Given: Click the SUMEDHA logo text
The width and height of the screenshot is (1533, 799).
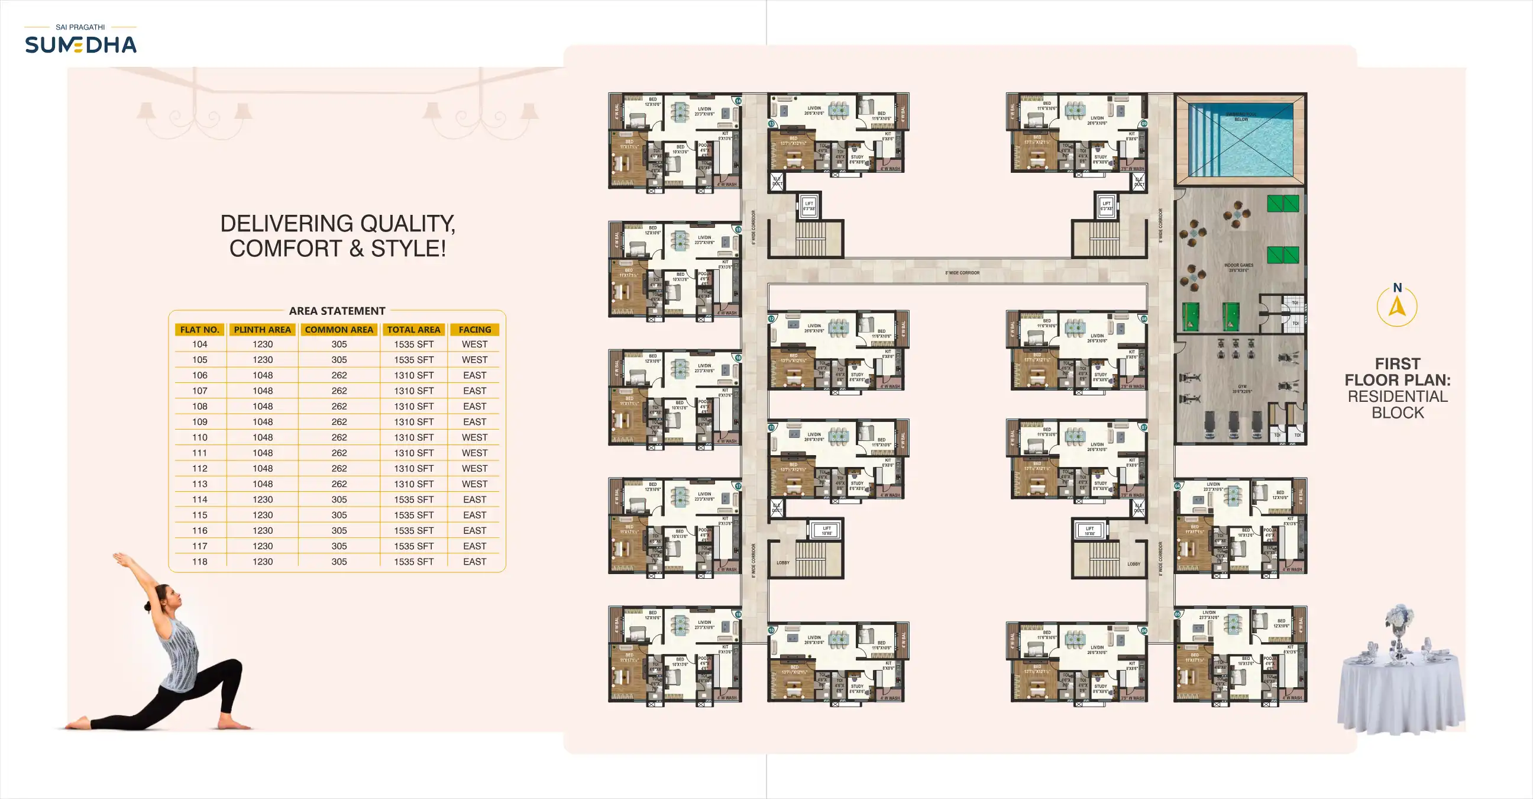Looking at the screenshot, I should coord(80,45).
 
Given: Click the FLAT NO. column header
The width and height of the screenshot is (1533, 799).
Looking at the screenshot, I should coord(199,330).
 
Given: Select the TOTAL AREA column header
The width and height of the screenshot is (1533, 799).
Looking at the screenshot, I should coord(413,330).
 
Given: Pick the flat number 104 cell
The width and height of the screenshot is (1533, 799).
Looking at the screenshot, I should coord(199,344).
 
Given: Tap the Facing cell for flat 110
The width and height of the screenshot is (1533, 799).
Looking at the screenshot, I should coord(474,437).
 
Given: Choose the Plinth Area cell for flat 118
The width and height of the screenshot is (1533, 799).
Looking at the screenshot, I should coord(263,562).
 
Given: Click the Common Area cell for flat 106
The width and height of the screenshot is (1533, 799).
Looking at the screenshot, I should coord(339,376).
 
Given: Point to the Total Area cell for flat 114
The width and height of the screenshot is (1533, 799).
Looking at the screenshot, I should coord(413,500).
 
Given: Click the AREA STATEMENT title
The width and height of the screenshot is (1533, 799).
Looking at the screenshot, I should coord(337,311).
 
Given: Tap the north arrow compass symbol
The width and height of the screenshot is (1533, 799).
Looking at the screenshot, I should coord(1397,307).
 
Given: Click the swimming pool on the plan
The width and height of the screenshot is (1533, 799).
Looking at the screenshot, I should coord(1241,141).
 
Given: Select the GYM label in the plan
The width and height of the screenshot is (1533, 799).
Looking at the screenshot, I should coord(1242,387).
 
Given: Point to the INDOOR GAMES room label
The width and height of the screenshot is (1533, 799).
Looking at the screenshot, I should coord(1238,266).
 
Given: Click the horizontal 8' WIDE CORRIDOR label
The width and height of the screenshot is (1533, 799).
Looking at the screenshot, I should coord(962,273).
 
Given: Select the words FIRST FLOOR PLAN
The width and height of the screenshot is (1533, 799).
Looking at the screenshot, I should coord(1398,372).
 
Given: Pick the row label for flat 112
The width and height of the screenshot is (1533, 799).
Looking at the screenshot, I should coord(199,469).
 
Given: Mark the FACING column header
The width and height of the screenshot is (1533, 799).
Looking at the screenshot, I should coord(474,330).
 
